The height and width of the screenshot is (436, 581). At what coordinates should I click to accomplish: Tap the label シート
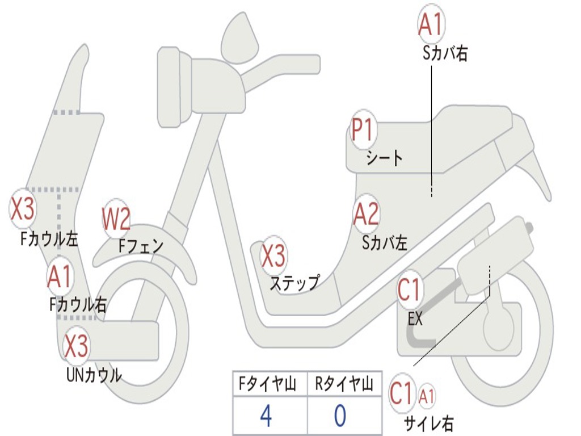point(385,157)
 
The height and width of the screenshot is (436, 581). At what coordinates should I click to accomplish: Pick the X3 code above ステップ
point(273,255)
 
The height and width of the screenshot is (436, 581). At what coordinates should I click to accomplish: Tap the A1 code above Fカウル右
point(60,277)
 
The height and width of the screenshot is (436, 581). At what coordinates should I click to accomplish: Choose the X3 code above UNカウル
point(76,346)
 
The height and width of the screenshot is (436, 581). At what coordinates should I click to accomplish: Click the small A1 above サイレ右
point(427,395)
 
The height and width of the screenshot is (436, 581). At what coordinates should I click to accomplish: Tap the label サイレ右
point(429,422)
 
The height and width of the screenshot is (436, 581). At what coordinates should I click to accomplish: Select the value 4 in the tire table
point(266,416)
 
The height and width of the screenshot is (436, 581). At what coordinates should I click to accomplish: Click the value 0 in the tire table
point(340,416)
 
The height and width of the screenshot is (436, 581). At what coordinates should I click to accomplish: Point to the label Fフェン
point(141,246)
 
